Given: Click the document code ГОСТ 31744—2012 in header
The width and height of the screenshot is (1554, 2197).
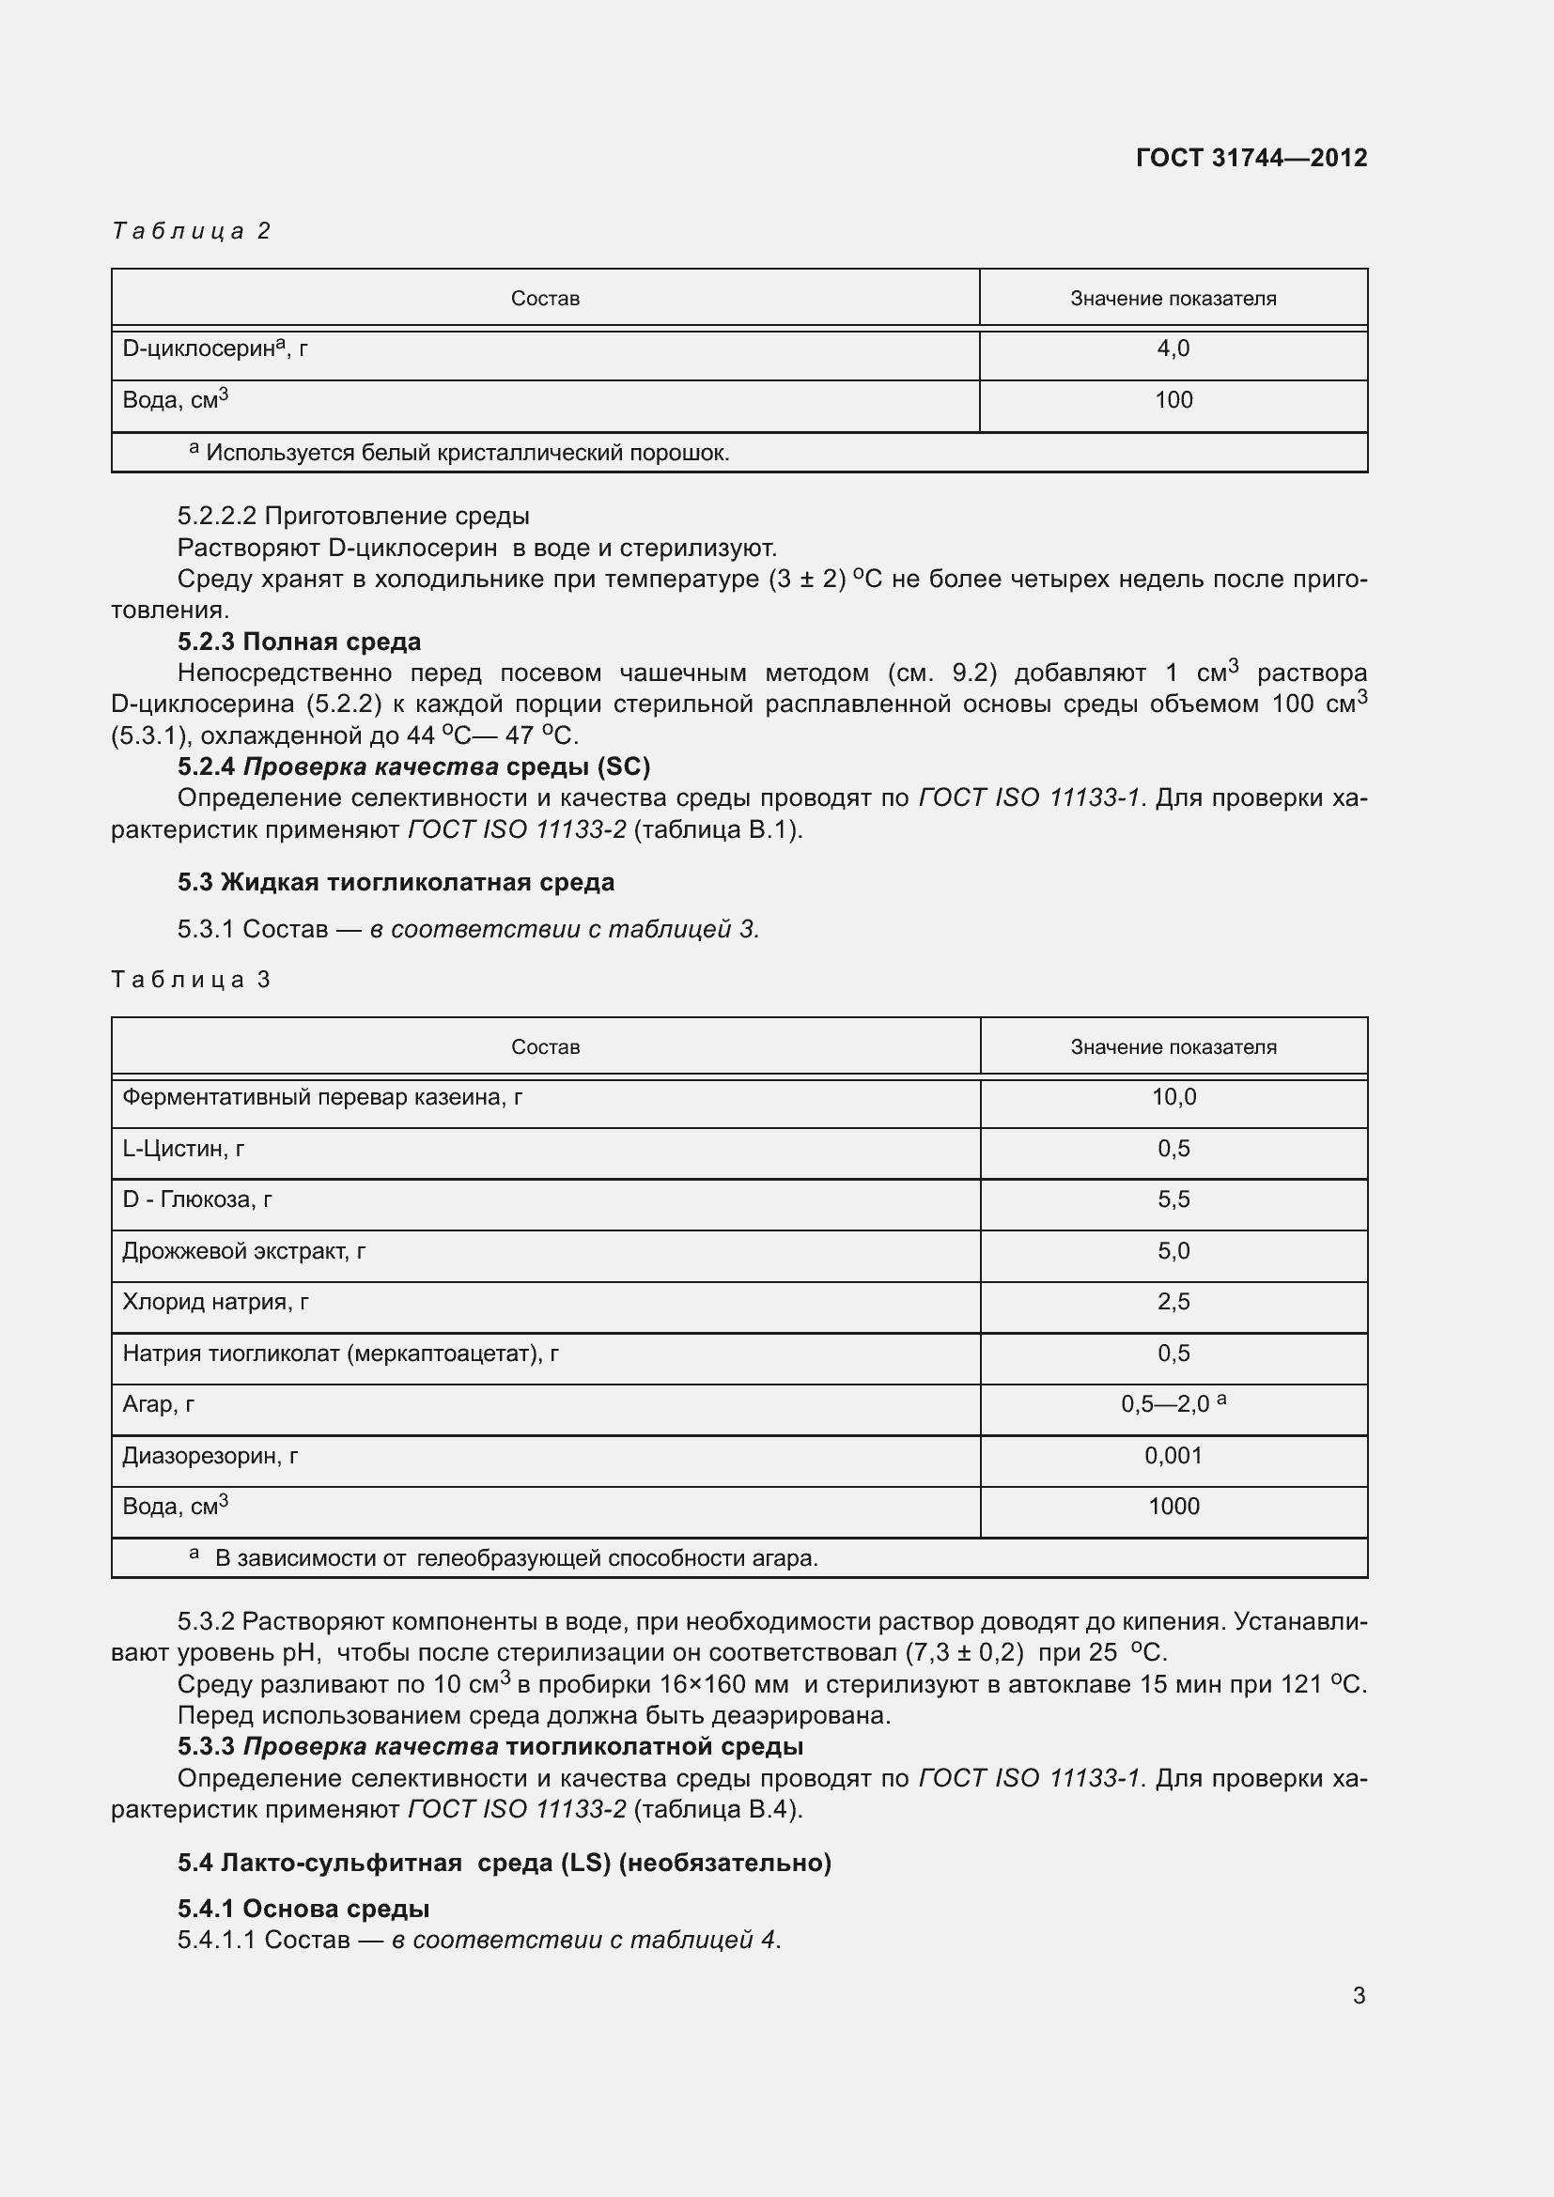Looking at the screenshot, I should coord(1251,158).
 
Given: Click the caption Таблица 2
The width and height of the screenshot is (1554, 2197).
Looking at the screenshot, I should coord(192,231).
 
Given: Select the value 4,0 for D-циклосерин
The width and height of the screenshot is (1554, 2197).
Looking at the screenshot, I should coord(1173,348).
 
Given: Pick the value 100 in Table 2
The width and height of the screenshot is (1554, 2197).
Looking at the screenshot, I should coord(1173,400).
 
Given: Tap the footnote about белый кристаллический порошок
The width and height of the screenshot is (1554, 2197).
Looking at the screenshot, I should coord(459,453).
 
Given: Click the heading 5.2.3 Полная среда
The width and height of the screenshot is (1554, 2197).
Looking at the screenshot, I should coord(299,642).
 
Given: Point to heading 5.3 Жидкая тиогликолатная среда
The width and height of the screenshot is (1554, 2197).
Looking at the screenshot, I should coord(396,881).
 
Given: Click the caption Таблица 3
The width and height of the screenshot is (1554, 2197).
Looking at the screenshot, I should coord(192,979).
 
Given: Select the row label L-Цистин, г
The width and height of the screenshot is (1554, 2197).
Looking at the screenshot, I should coord(183,1148).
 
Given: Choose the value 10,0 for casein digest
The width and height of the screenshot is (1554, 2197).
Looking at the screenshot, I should coord(1173,1096).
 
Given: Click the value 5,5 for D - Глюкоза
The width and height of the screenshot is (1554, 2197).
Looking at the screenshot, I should coord(1173,1199).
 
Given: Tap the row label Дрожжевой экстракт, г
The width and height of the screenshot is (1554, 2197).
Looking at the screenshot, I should coord(243,1250).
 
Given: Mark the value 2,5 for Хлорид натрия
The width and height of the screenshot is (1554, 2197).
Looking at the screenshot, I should coord(1173,1301).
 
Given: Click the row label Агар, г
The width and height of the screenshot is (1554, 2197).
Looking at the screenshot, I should coord(158,1403).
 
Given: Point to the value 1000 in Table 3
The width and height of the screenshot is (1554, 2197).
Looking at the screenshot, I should coord(1173,1506).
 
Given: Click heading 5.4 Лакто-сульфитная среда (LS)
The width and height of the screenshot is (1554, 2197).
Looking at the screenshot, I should coord(504,1862).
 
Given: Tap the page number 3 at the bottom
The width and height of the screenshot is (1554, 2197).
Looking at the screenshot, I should coord(1358,1995).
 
